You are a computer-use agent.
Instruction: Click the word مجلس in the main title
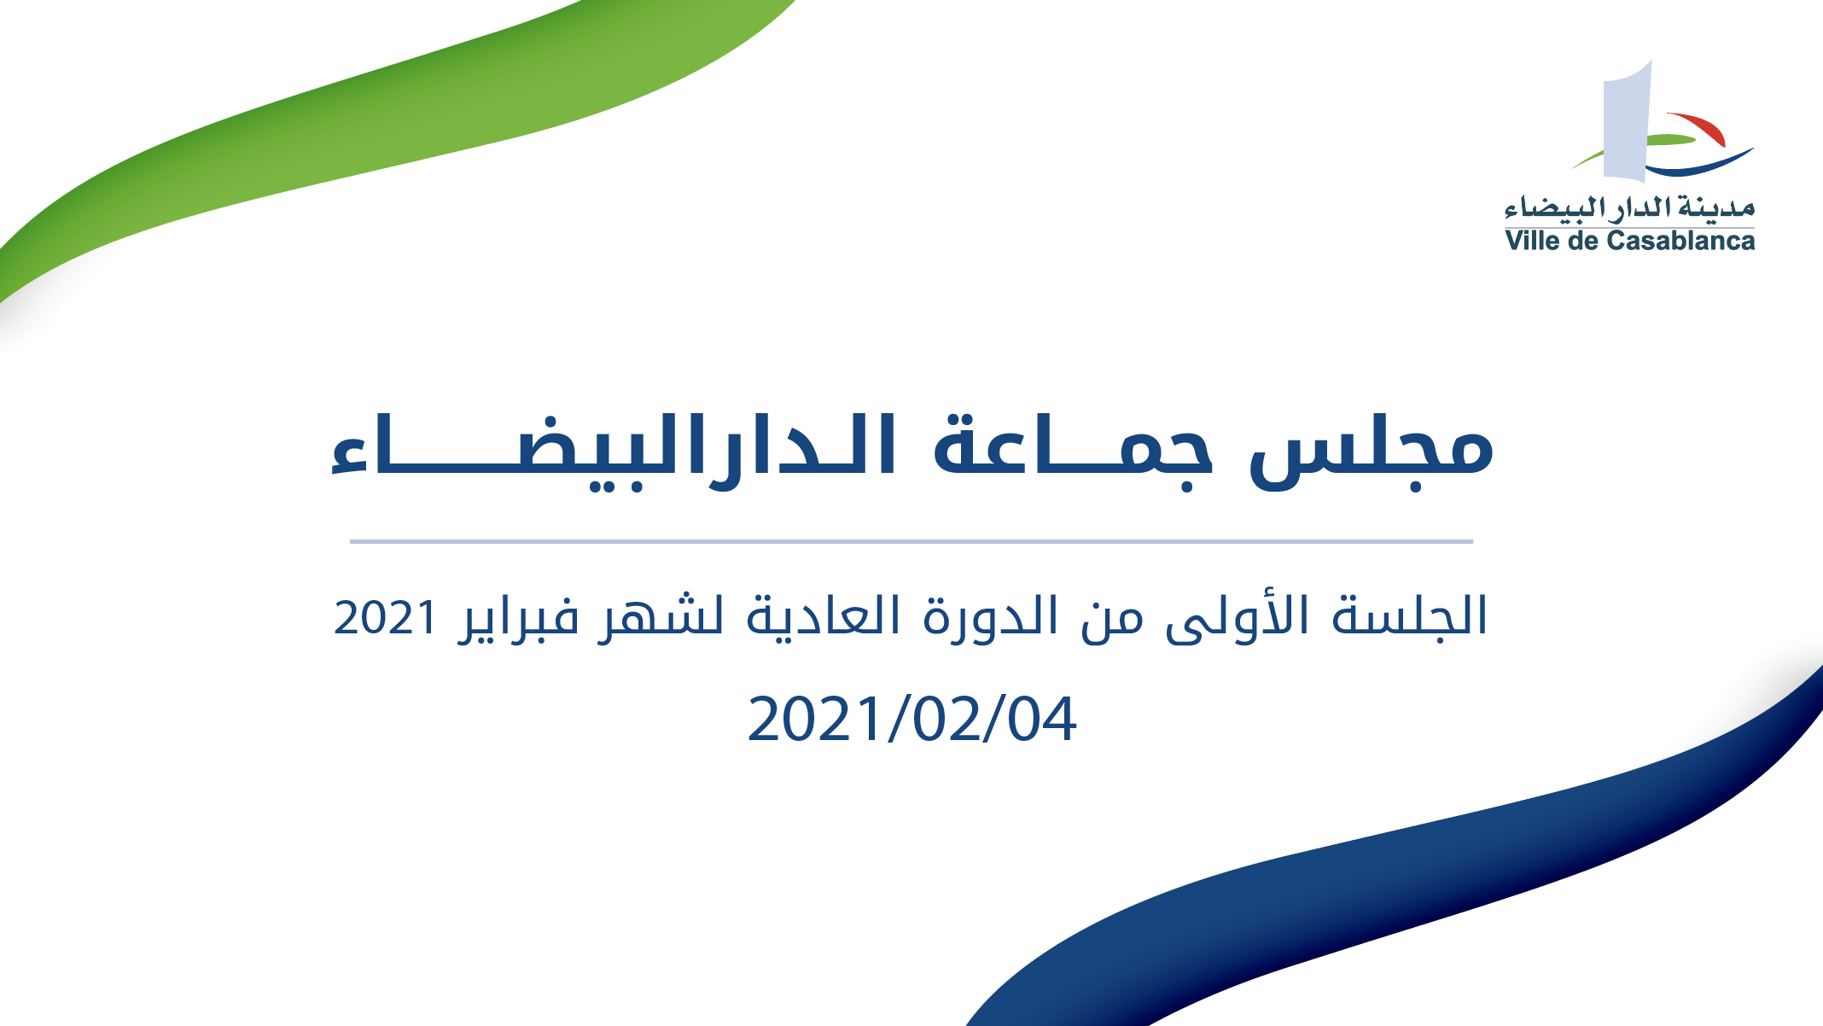pos(1372,451)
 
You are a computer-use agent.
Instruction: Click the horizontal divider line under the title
pos(911,541)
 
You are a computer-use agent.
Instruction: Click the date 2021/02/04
pos(911,720)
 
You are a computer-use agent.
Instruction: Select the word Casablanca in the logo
pos(1681,241)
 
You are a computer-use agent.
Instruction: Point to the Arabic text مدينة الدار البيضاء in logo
pos(1630,207)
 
